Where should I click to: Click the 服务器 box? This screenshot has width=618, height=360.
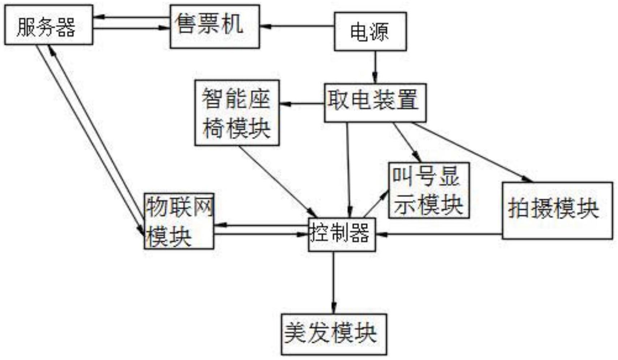[x=49, y=25]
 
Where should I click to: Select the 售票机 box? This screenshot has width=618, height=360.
[x=215, y=26]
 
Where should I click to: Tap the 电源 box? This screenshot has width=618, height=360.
[x=370, y=31]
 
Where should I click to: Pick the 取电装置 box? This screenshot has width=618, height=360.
[x=375, y=103]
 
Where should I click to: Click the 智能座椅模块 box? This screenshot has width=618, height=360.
[x=237, y=113]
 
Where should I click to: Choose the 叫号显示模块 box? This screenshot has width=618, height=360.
[x=429, y=190]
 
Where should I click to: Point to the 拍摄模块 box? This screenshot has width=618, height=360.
[x=558, y=210]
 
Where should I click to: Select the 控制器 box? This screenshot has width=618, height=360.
[x=342, y=235]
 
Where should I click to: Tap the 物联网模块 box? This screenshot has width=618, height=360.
[x=179, y=221]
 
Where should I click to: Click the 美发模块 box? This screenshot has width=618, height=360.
[x=334, y=334]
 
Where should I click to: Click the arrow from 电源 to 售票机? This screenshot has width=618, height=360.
[x=297, y=26]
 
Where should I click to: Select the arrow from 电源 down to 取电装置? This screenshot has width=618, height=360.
[x=375, y=67]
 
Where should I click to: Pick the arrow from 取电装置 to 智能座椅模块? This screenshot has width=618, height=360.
[x=302, y=104]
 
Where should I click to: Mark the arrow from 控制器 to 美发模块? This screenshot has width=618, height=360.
[x=334, y=283]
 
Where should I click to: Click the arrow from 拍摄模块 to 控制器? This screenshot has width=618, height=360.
[x=439, y=235]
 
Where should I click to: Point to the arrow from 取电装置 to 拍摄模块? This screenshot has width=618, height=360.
[x=472, y=152]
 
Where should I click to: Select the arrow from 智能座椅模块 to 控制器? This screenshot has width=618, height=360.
[x=278, y=182]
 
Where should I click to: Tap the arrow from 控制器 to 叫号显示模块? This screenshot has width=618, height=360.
[x=376, y=203]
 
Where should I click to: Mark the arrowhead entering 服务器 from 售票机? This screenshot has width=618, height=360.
[x=98, y=17]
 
